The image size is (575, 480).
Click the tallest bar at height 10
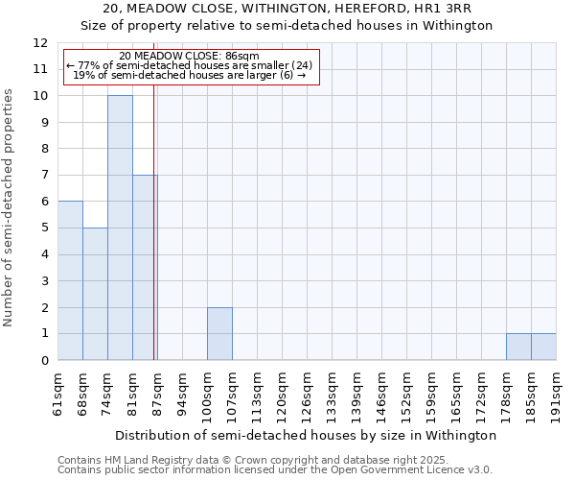(120, 228)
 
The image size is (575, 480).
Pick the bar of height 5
(95, 294)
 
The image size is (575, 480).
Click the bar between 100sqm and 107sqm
(219, 333)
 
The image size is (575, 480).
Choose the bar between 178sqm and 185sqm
(518, 347)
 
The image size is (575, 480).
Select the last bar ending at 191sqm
(543, 347)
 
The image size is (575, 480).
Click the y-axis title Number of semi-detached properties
(10, 207)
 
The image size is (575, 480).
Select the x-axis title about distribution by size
(306, 435)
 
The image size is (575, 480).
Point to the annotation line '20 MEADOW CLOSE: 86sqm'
(190, 56)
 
